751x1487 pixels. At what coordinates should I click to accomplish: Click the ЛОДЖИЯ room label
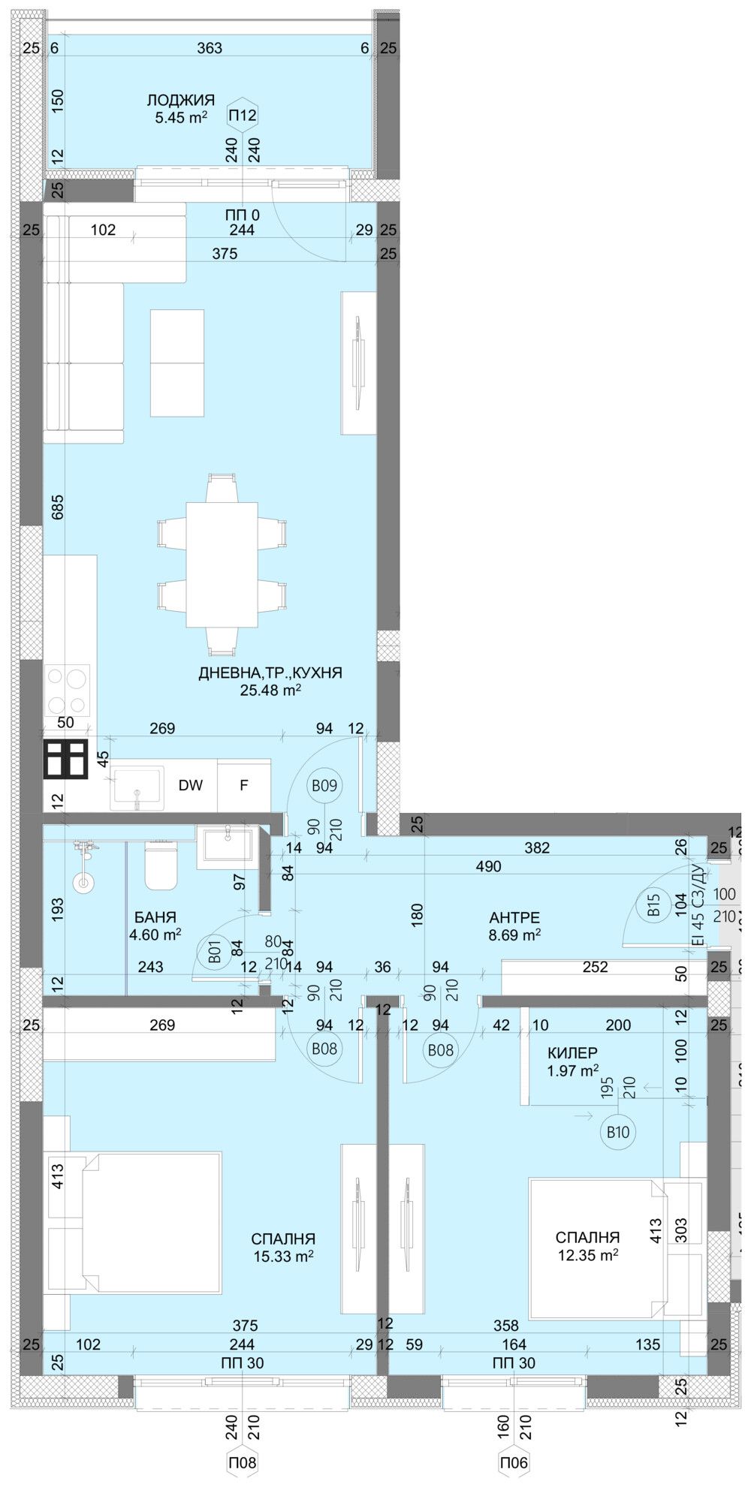pos(180,100)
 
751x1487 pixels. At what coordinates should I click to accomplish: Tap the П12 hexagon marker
pos(243,116)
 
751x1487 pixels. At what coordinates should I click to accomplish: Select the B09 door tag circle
pos(324,786)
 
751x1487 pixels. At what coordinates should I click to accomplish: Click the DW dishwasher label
pos(191,786)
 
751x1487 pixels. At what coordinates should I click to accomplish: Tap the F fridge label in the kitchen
pos(243,786)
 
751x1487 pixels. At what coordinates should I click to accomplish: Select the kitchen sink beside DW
pos(137,787)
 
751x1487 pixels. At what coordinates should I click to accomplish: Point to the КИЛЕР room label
pos(573,1054)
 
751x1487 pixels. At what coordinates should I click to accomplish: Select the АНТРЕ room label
pos(514,917)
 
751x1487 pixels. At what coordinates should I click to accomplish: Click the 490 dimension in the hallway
pos(488,866)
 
